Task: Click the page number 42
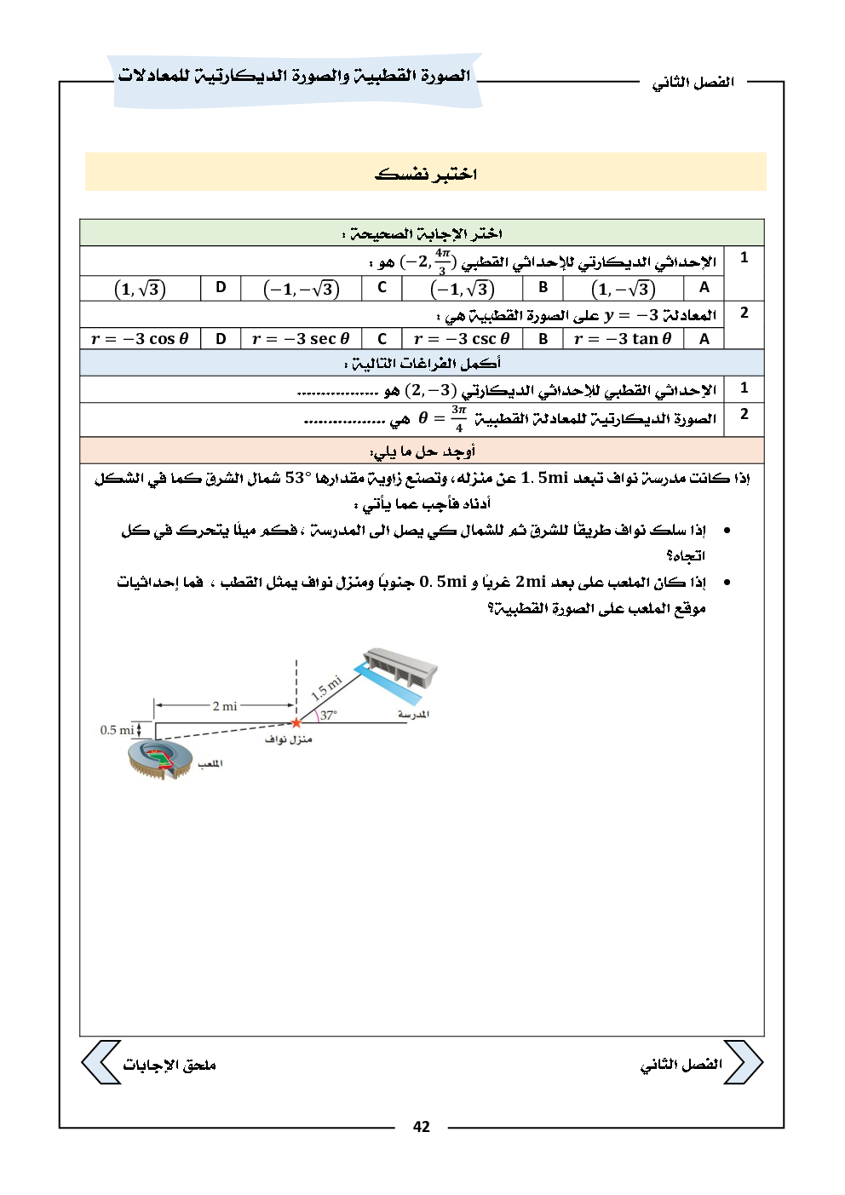[422, 1127]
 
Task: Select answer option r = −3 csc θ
[461, 339]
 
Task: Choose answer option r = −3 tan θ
[623, 339]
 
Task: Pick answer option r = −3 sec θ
[301, 339]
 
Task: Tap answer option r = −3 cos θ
[140, 339]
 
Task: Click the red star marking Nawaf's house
[296, 723]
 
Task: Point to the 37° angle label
[328, 715]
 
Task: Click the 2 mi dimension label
[225, 705]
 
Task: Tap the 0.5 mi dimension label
[118, 730]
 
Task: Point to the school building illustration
[400, 674]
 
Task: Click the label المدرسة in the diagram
[413, 715]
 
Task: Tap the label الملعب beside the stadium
[209, 765]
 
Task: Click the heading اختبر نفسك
[426, 174]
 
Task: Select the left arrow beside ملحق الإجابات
[100, 1063]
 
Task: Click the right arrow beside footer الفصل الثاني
[744, 1063]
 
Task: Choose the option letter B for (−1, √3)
[543, 288]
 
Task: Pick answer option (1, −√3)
[623, 289]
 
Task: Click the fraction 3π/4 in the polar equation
[458, 418]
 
